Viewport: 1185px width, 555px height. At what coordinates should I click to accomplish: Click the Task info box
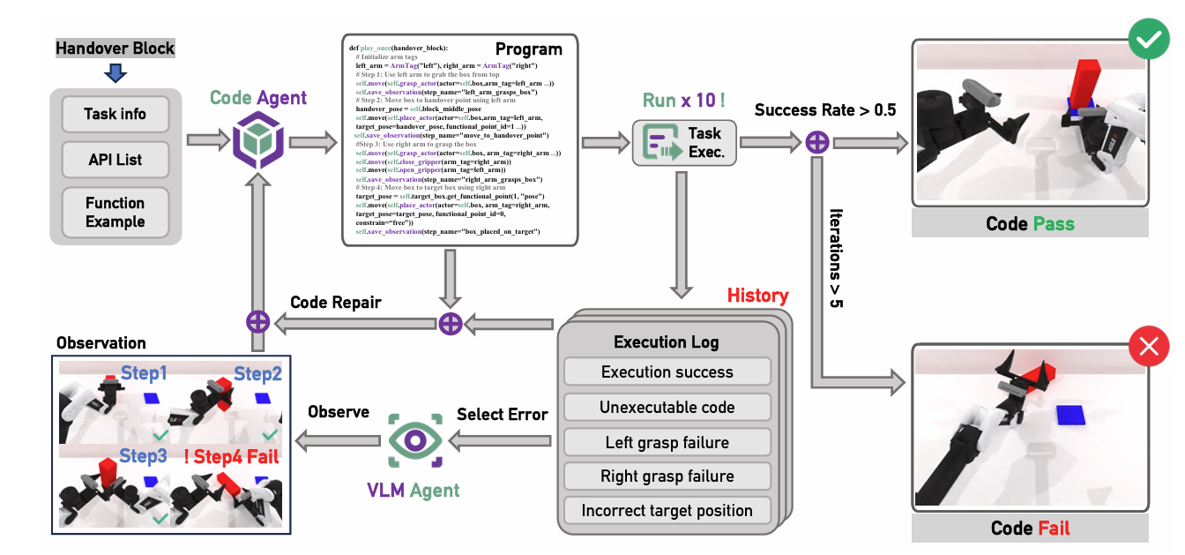click(x=116, y=114)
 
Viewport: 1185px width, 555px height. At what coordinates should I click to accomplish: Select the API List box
click(x=116, y=160)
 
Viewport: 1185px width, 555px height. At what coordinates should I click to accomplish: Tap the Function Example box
click(x=116, y=212)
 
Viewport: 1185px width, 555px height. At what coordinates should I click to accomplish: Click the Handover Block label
click(x=115, y=49)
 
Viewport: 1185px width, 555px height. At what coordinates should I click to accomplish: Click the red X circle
click(x=1148, y=348)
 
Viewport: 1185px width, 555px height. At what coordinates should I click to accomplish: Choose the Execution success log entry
click(x=667, y=371)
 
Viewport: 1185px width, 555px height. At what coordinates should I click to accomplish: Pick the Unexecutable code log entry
click(x=667, y=407)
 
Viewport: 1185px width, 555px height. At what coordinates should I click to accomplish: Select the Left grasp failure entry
click(x=667, y=442)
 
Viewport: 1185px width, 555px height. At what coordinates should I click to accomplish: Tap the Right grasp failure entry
click(x=667, y=476)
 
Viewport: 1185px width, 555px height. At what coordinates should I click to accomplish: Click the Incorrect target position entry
click(x=667, y=510)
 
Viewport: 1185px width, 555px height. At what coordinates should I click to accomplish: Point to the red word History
click(x=757, y=296)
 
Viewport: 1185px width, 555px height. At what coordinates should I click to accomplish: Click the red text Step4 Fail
click(x=232, y=456)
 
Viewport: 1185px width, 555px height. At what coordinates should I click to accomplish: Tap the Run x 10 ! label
click(x=683, y=100)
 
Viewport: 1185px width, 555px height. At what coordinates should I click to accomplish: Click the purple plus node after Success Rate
click(x=817, y=141)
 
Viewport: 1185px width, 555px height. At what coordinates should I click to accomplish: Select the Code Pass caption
click(x=1030, y=224)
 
